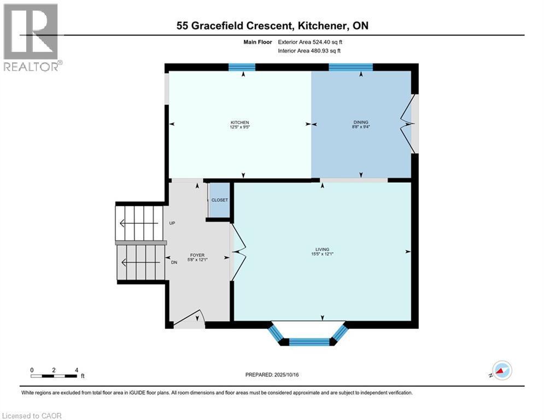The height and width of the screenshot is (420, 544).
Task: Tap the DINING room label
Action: point(360,122)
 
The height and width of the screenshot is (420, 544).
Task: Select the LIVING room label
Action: point(322,249)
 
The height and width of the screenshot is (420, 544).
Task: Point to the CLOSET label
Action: point(219,200)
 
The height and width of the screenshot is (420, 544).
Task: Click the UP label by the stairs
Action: point(172,224)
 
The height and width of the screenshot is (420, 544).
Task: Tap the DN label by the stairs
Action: point(174,262)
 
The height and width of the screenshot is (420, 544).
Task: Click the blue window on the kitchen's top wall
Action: point(242,67)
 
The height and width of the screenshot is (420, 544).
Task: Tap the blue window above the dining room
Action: point(350,67)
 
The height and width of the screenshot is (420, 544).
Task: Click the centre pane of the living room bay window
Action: point(309,342)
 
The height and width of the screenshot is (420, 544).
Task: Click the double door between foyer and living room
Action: point(238,252)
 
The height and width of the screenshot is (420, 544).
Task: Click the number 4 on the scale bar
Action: point(77,370)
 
